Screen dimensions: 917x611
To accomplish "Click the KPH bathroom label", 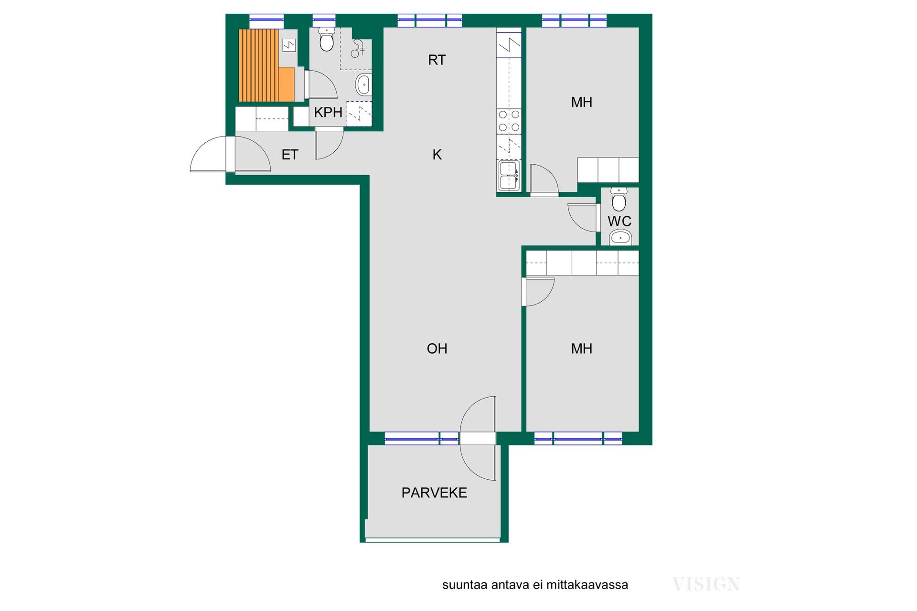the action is pyautogui.click(x=328, y=112).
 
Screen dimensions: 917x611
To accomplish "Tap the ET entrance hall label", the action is pyautogui.click(x=290, y=155).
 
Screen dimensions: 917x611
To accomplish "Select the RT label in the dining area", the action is pyautogui.click(x=437, y=60).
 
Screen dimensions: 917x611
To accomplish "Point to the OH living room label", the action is pyautogui.click(x=437, y=348).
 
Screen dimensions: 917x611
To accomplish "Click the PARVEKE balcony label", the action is pyautogui.click(x=434, y=493).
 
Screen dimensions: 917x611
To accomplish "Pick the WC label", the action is pyautogui.click(x=619, y=221).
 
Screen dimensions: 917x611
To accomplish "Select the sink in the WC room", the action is pyautogui.click(x=620, y=237).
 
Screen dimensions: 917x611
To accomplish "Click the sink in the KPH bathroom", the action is pyautogui.click(x=363, y=85).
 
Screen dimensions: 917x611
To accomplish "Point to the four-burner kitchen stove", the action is pyautogui.click(x=509, y=121).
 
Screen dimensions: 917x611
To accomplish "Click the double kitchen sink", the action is pyautogui.click(x=509, y=175).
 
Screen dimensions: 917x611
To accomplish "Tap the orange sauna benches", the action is pyautogui.click(x=266, y=65).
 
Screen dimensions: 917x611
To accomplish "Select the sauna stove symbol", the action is pyautogui.click(x=289, y=45).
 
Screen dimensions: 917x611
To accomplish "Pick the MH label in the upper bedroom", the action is pyautogui.click(x=582, y=102).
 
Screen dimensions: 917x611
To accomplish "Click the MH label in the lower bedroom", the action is pyautogui.click(x=582, y=348).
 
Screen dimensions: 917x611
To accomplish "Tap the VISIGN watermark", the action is pyautogui.click(x=706, y=584).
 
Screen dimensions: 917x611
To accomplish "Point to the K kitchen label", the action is pyautogui.click(x=437, y=155).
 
